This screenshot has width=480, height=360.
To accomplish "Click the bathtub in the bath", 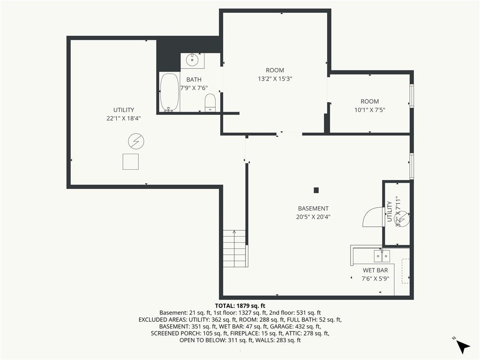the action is click(170, 92).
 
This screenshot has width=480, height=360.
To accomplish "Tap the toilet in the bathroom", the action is click(210, 103).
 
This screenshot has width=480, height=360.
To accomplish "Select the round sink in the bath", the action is click(192, 60).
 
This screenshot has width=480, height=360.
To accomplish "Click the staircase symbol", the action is click(234, 248).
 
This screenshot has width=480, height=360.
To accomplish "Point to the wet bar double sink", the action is click(382, 256).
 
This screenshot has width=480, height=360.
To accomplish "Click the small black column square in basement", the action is click(316, 190).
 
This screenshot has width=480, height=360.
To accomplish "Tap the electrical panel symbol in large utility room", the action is click(136, 142).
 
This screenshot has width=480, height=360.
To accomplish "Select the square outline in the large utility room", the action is click(131, 162).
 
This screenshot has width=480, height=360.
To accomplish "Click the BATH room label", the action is click(194, 80).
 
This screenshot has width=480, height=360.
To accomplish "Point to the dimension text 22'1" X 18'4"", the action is click(124, 118).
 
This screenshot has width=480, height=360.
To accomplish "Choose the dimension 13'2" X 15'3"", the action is click(275, 79).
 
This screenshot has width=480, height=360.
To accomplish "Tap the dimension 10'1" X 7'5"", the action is click(370, 110).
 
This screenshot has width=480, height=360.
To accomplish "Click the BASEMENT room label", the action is click(313, 209).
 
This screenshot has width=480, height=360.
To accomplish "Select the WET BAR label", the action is click(375, 270).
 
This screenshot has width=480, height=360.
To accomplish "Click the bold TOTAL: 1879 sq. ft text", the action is click(240, 306).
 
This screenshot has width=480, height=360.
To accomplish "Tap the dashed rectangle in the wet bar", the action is click(405, 271).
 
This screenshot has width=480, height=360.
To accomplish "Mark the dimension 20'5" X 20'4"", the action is click(313, 217).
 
